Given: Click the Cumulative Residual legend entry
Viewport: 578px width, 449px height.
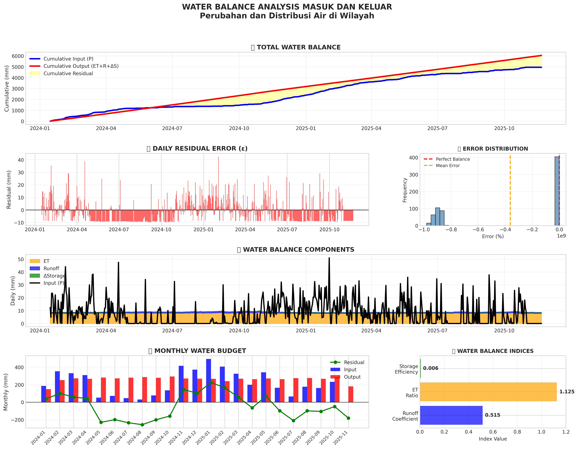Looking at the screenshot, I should tap(68, 74).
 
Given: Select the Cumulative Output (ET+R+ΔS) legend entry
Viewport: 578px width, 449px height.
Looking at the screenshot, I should tap(81, 66).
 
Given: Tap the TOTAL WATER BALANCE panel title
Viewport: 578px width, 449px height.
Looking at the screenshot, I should tap(299, 47).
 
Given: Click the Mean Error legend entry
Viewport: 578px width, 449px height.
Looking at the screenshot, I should tap(448, 166).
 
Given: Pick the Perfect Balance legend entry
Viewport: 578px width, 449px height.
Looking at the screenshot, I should tap(452, 159).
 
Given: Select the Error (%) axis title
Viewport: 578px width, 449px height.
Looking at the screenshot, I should tap(493, 237).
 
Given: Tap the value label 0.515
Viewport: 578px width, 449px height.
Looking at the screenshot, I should tap(492, 415).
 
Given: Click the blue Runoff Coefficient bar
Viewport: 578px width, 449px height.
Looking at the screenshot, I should tap(451, 415).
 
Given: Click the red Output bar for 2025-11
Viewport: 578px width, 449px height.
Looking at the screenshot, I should tap(351, 394).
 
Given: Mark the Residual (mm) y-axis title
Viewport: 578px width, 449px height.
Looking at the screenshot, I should tap(9, 190).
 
